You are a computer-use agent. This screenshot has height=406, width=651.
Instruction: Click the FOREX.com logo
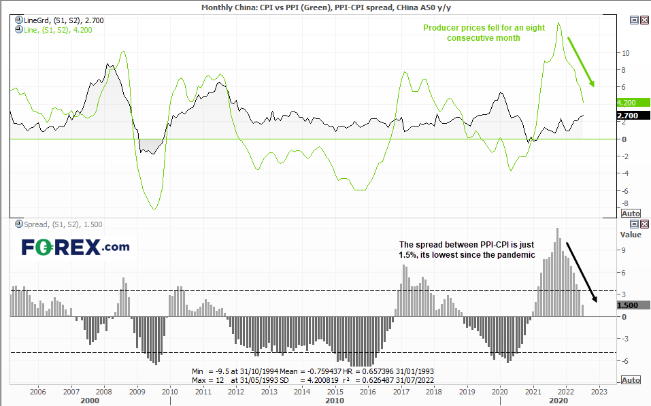tap(75, 247)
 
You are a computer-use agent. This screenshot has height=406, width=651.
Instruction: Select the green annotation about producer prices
tap(484, 33)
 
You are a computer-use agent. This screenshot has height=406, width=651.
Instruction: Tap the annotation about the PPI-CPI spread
tap(467, 250)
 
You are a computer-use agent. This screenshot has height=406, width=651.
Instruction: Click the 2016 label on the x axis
tap(368, 391)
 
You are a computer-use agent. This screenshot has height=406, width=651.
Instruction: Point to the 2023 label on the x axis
tap(599, 391)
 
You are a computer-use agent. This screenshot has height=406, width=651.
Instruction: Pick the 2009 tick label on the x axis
tap(137, 391)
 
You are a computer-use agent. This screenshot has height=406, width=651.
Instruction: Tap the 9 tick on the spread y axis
tap(622, 250)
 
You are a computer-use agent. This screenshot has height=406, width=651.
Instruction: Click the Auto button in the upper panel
tap(631, 214)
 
